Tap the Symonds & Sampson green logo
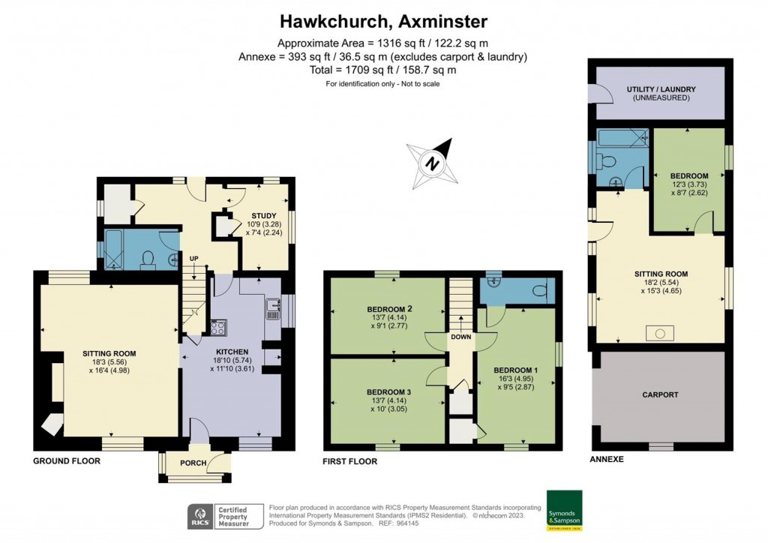564,510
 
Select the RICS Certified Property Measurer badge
225,517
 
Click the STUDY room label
264,215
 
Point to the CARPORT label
660,394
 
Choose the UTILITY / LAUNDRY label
661,89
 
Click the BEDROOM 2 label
389,309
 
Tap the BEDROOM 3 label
389,392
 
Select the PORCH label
193,463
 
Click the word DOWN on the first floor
461,337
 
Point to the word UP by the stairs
194,259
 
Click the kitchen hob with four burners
218,327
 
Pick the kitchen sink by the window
273,308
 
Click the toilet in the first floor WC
539,291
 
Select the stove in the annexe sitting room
660,334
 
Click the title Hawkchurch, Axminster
383,22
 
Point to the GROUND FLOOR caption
67,460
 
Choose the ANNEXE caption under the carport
606,459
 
